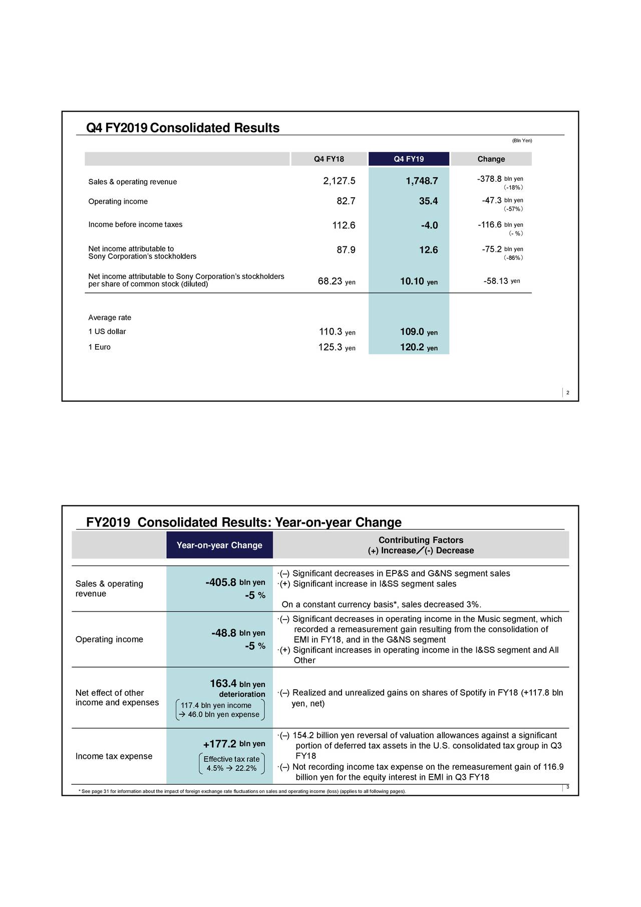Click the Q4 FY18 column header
point(329,159)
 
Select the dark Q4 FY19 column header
point(409,159)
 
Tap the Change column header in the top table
point(491,159)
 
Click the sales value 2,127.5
point(339,181)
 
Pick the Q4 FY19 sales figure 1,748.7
point(422,181)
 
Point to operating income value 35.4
point(428,201)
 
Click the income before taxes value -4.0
point(429,225)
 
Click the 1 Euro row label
point(99,347)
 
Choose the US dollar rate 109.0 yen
point(419,332)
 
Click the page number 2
point(567,393)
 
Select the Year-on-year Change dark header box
point(219,545)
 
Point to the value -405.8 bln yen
point(235,582)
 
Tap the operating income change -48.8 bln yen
point(238,633)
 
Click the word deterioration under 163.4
point(242,694)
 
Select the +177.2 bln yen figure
point(234,744)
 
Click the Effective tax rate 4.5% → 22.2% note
point(231,764)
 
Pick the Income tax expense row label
point(114,756)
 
